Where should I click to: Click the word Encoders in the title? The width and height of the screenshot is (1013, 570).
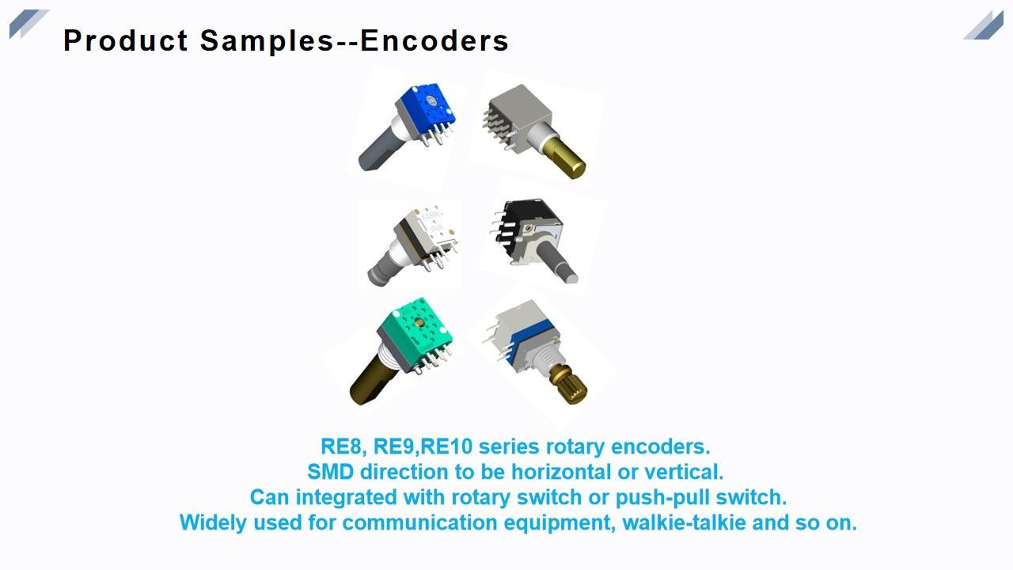[434, 40]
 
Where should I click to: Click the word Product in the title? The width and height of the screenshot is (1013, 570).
[126, 40]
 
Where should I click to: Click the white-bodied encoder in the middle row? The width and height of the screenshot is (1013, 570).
[415, 237]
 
